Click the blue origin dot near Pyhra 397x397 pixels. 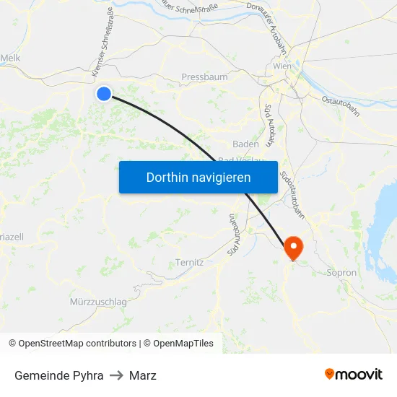pyautogui.click(x=104, y=93)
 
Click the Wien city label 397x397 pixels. pyautogui.click(x=282, y=66)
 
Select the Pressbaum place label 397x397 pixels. pyautogui.click(x=204, y=77)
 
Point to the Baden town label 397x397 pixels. pyautogui.click(x=245, y=144)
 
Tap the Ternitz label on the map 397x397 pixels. pyautogui.click(x=189, y=263)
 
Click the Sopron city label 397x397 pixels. pyautogui.click(x=341, y=273)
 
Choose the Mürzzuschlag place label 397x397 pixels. pyautogui.click(x=99, y=301)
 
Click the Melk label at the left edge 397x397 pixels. pyautogui.click(x=10, y=58)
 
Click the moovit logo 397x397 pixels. pyautogui.click(x=353, y=375)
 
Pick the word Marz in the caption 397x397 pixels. pyautogui.click(x=143, y=375)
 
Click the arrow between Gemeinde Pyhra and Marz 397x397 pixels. pyautogui.click(x=116, y=375)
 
